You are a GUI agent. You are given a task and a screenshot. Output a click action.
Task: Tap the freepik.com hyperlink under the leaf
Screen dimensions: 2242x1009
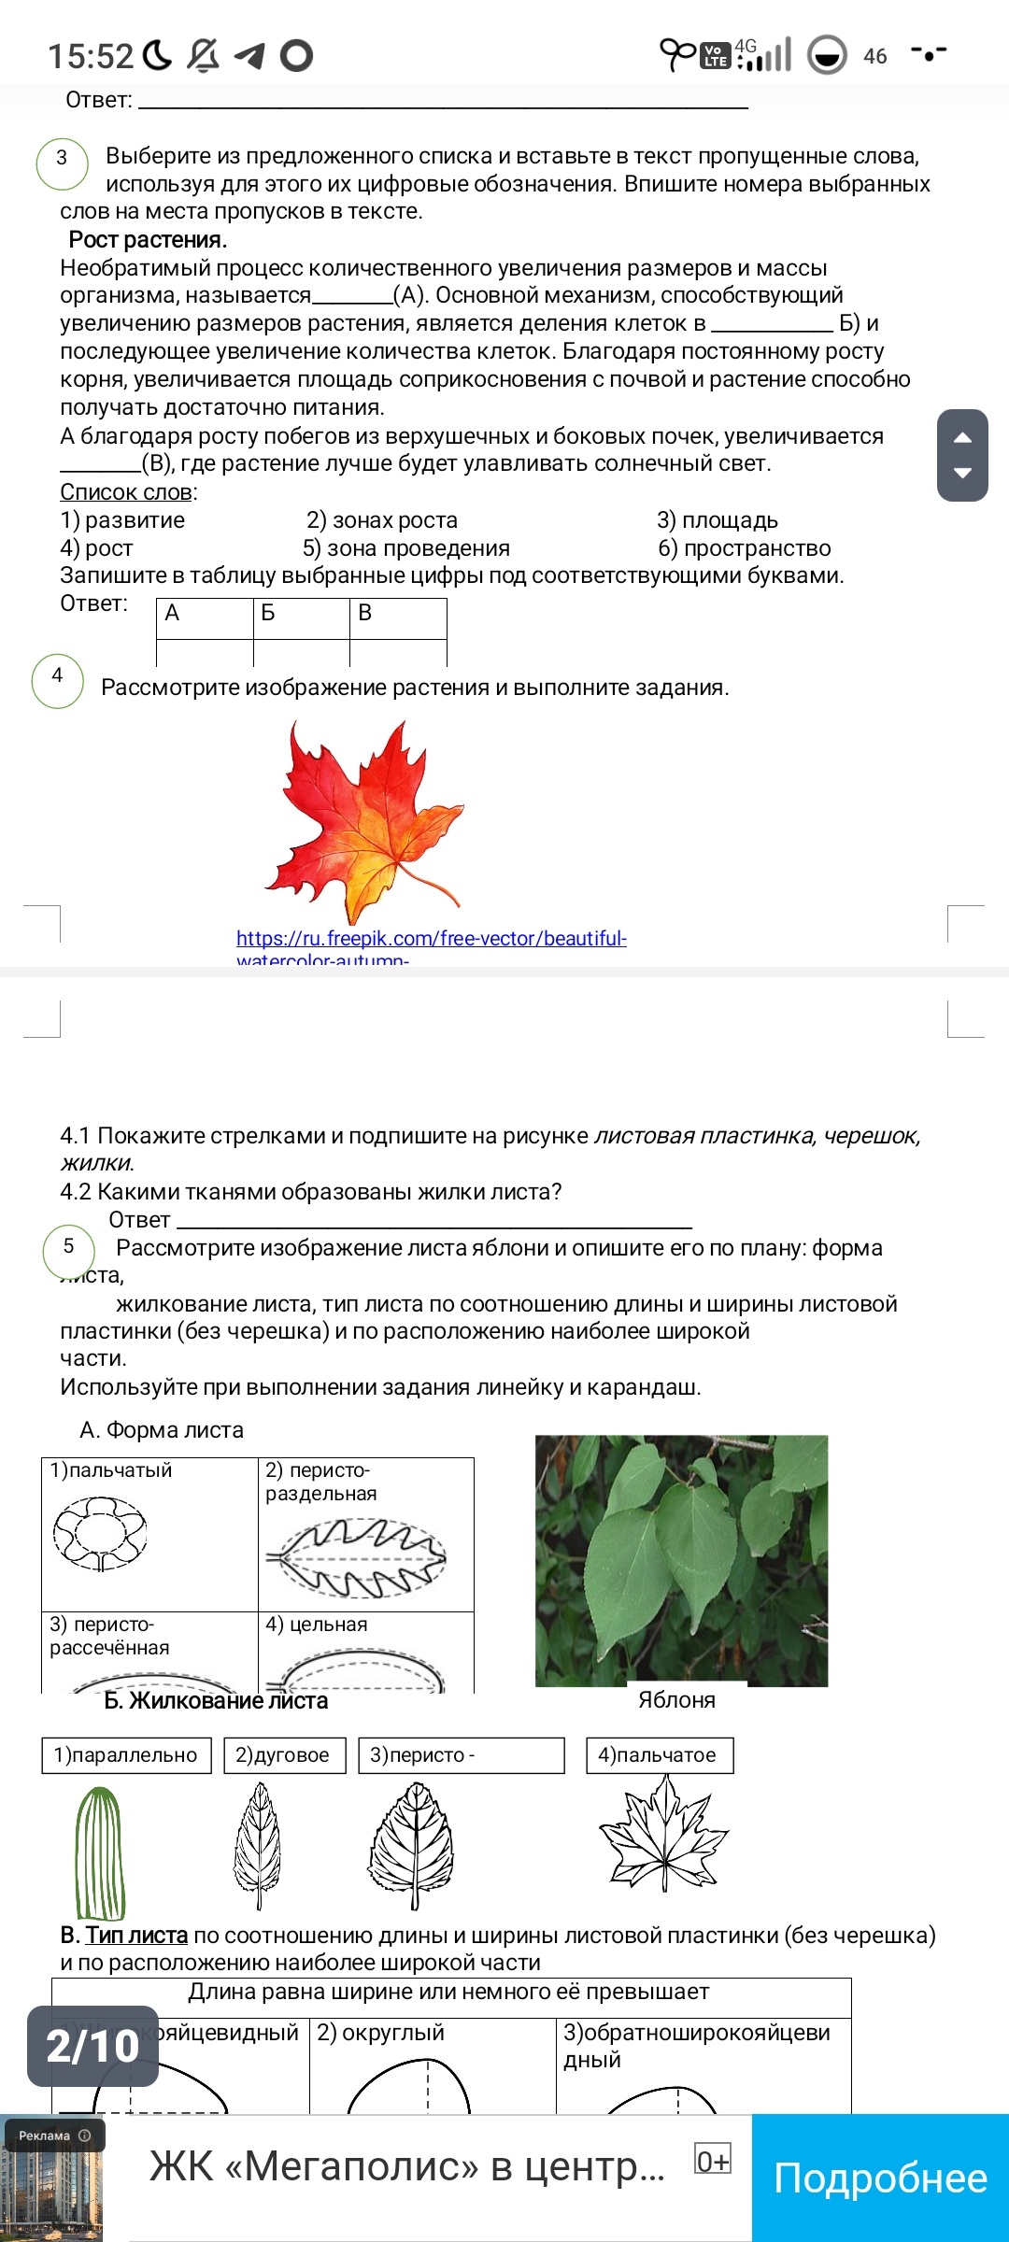(x=431, y=939)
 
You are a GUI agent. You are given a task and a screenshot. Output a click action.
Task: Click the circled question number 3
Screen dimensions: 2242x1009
(x=62, y=158)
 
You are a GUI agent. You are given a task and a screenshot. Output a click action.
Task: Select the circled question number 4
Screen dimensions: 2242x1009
(x=58, y=676)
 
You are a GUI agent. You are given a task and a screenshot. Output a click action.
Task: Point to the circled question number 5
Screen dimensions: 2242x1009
(x=68, y=1247)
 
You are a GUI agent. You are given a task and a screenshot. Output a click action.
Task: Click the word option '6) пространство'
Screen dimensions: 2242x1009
(x=744, y=548)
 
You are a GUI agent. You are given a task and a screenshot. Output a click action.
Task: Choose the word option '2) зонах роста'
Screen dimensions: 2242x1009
(x=382, y=520)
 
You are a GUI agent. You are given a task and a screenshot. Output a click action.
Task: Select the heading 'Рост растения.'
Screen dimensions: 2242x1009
(x=148, y=240)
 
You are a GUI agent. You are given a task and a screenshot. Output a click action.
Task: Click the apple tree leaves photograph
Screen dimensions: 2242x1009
(x=681, y=1559)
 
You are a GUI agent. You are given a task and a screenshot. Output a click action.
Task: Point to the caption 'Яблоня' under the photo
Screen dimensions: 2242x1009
(x=676, y=1700)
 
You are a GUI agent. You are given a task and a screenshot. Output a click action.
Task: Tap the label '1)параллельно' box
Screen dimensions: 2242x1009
(x=126, y=1755)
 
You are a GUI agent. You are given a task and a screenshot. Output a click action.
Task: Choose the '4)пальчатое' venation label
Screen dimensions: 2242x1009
(x=659, y=1755)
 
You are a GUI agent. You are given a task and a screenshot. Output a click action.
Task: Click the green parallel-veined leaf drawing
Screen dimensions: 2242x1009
(x=100, y=1852)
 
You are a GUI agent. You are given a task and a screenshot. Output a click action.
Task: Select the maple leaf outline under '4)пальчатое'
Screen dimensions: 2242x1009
(x=662, y=1833)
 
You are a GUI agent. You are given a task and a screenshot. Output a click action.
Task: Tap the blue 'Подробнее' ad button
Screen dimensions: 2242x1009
(x=880, y=2178)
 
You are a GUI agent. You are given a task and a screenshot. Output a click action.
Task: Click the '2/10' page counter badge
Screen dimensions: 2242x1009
(x=92, y=2046)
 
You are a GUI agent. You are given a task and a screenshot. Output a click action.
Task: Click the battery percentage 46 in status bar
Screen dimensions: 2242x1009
(x=875, y=57)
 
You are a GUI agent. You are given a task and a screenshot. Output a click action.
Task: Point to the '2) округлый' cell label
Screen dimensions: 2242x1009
(x=381, y=2033)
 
